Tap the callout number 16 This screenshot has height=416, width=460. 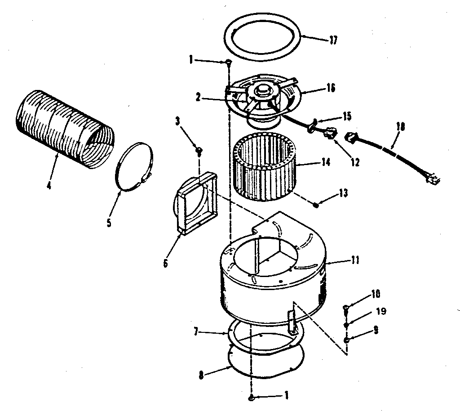(x=331, y=88)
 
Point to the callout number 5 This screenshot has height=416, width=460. (x=109, y=222)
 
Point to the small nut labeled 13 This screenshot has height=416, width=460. (x=316, y=205)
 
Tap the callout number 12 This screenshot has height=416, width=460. (x=355, y=162)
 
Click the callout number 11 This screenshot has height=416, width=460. (x=355, y=260)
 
